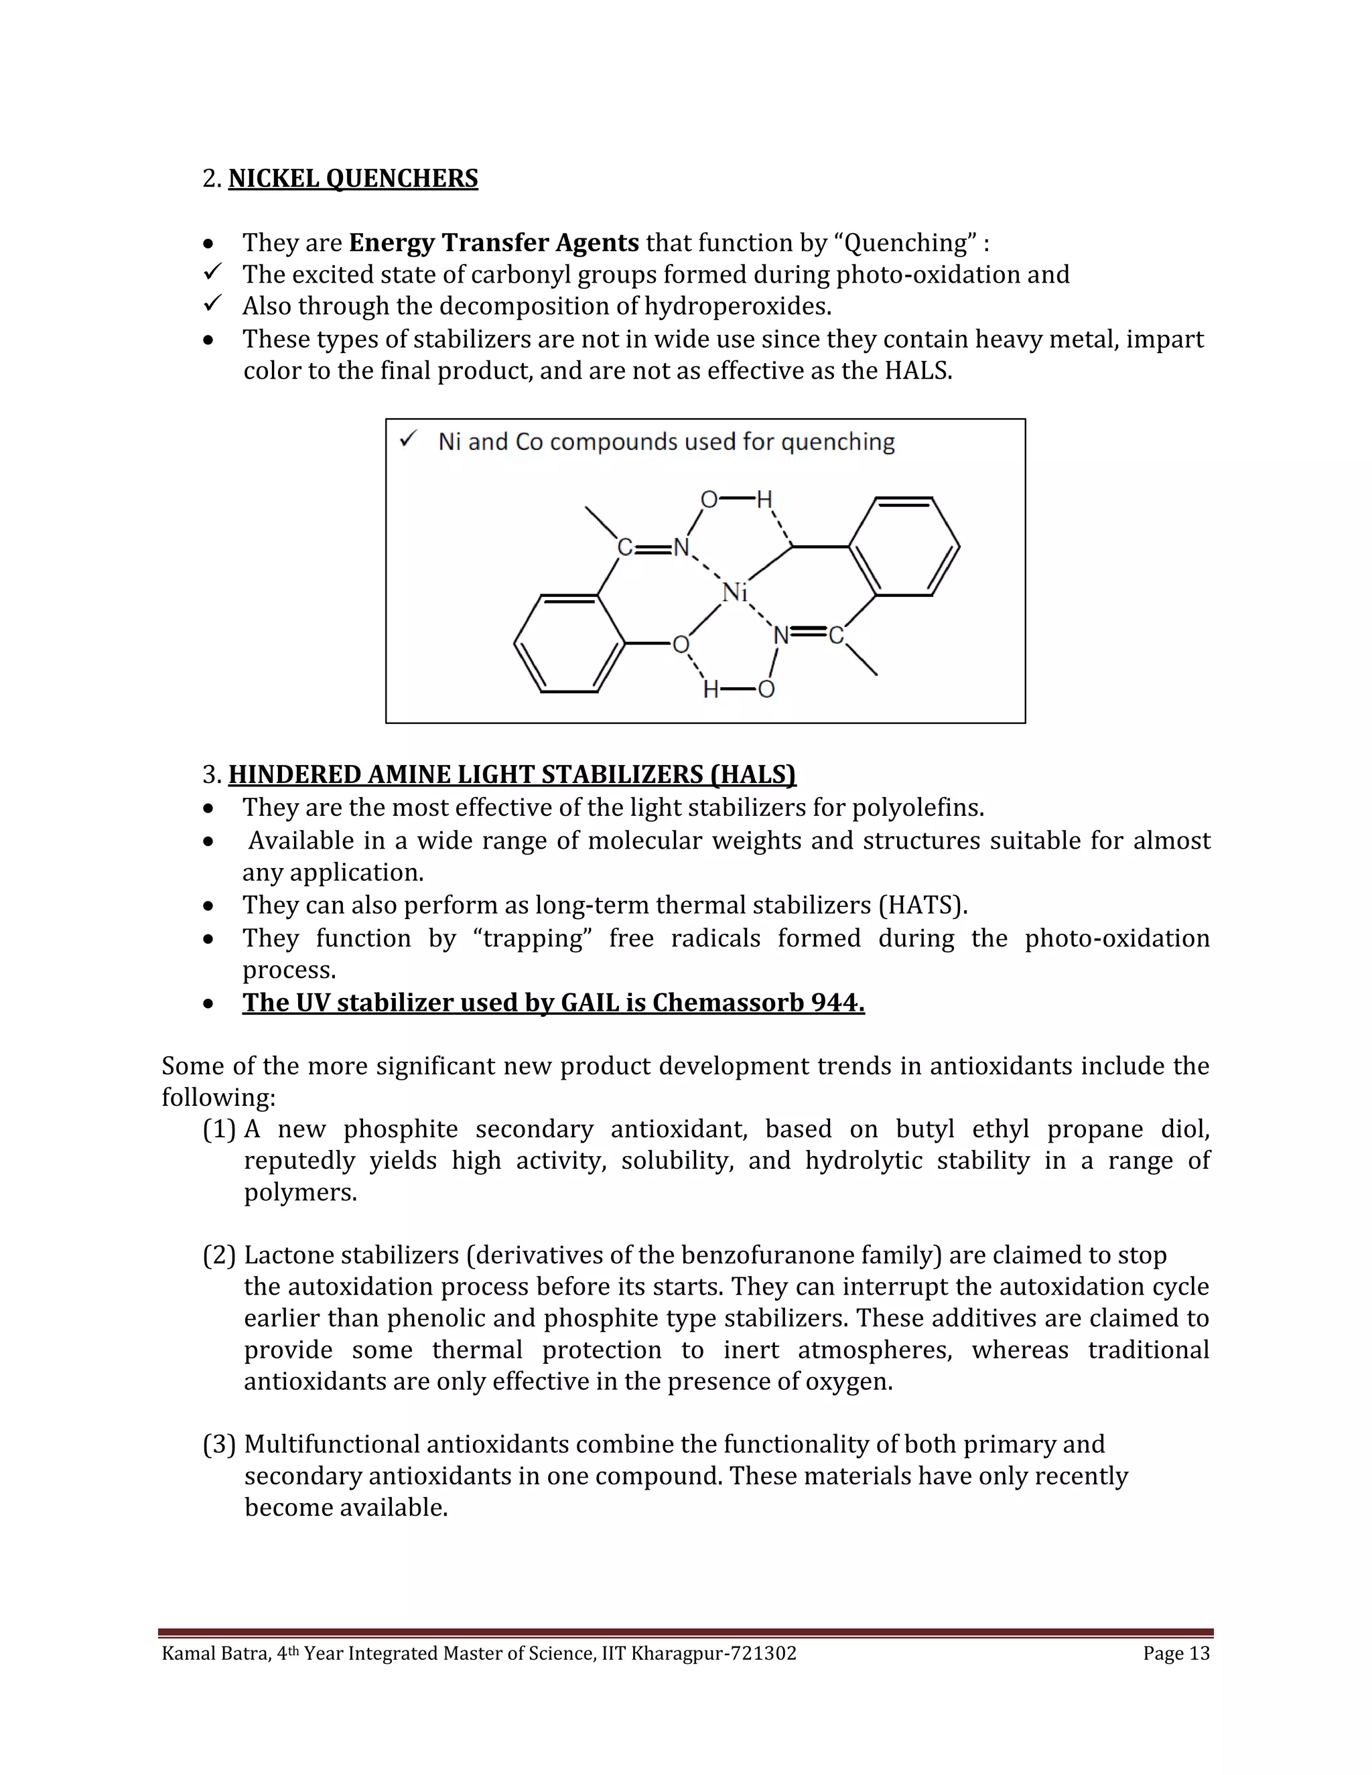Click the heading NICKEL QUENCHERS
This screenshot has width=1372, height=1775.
(x=353, y=179)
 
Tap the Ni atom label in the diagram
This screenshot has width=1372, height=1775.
(x=734, y=593)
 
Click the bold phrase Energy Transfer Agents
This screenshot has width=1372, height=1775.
(x=493, y=243)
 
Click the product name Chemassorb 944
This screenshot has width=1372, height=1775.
(x=758, y=1003)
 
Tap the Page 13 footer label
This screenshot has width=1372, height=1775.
(x=1176, y=1653)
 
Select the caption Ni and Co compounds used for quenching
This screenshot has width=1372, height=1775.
(x=666, y=442)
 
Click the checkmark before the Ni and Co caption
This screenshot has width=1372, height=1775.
(x=408, y=441)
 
